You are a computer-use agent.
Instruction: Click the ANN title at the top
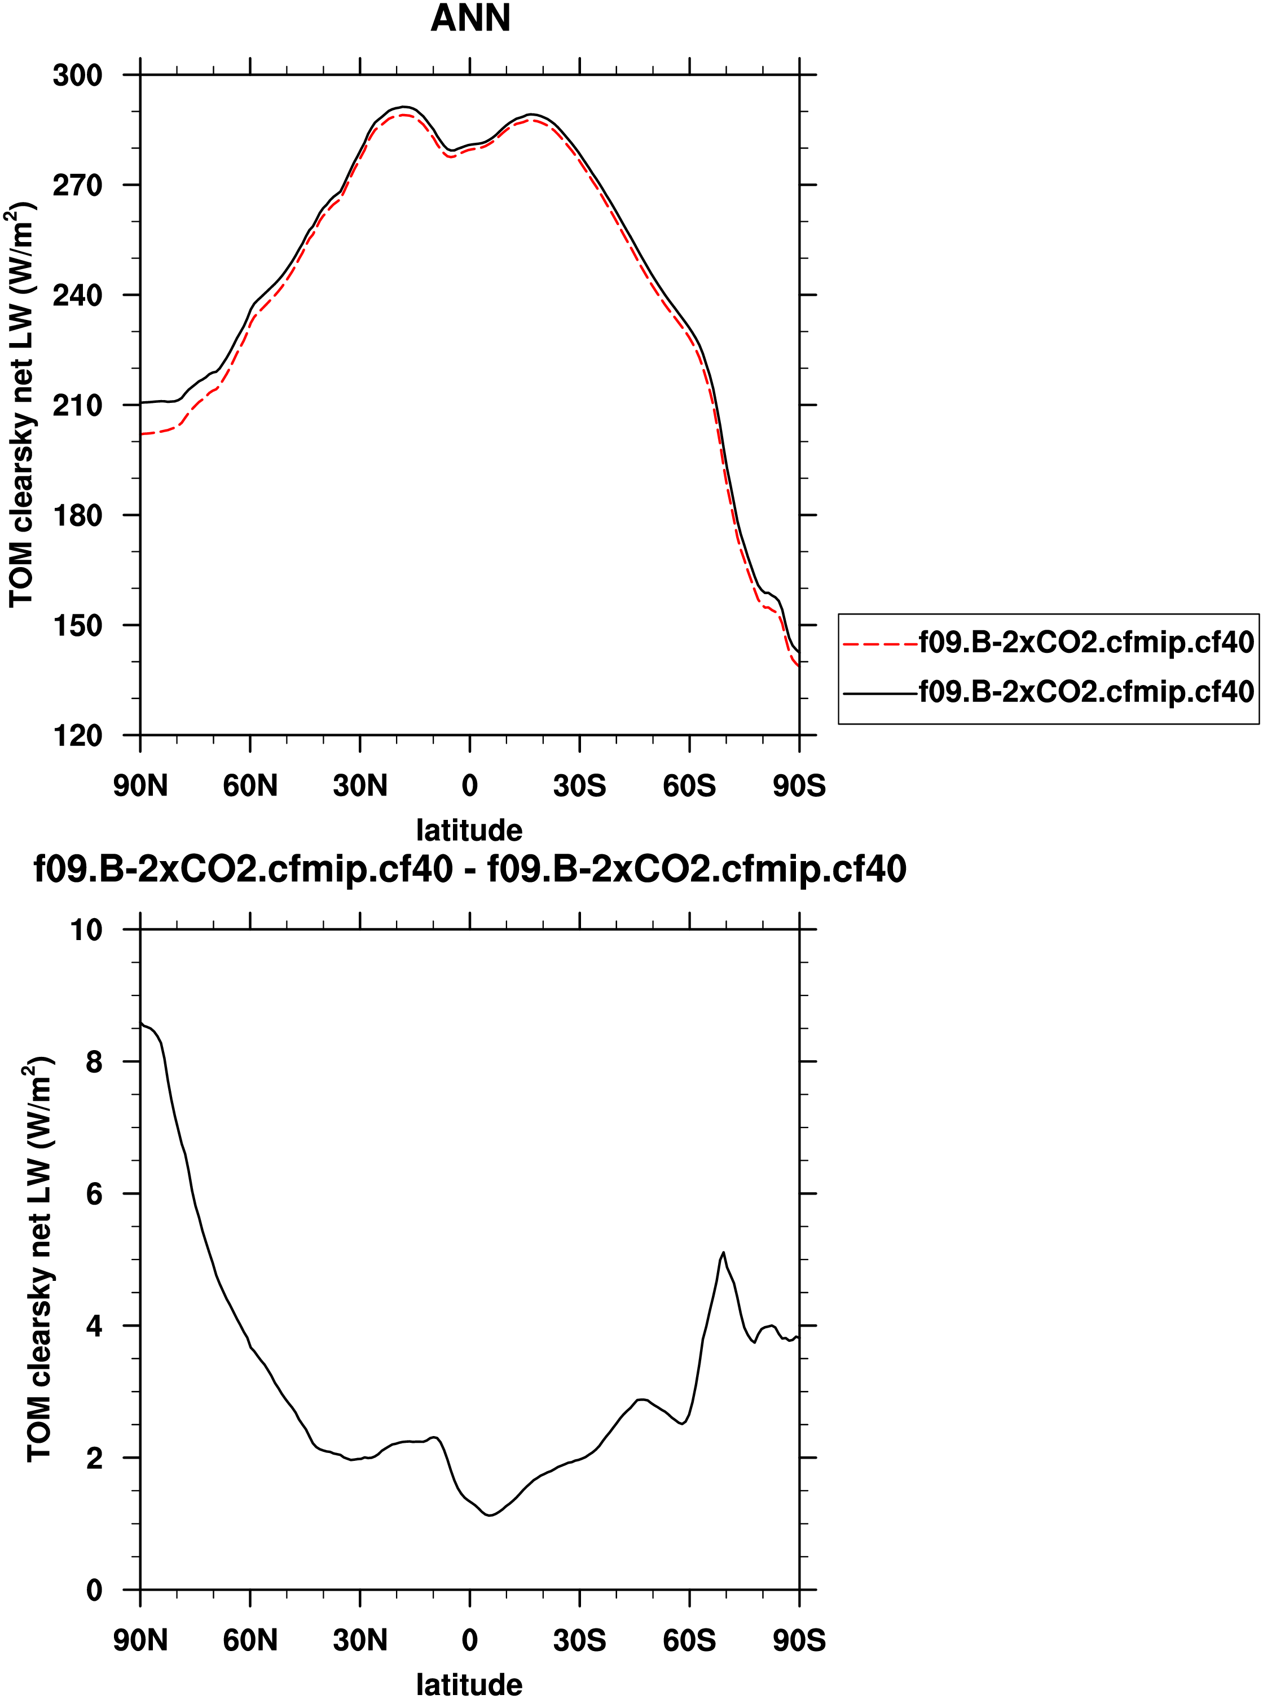470,19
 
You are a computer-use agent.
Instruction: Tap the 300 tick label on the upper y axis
77,76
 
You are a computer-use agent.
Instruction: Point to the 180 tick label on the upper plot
77,515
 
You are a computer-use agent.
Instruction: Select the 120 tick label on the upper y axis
77,736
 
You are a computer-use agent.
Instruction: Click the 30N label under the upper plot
359,786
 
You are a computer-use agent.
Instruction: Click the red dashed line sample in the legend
879,644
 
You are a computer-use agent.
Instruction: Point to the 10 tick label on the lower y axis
86,930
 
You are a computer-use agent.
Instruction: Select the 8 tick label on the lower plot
94,1062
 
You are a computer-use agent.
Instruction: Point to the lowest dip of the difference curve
490,1514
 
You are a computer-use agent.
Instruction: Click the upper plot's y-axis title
21,405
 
